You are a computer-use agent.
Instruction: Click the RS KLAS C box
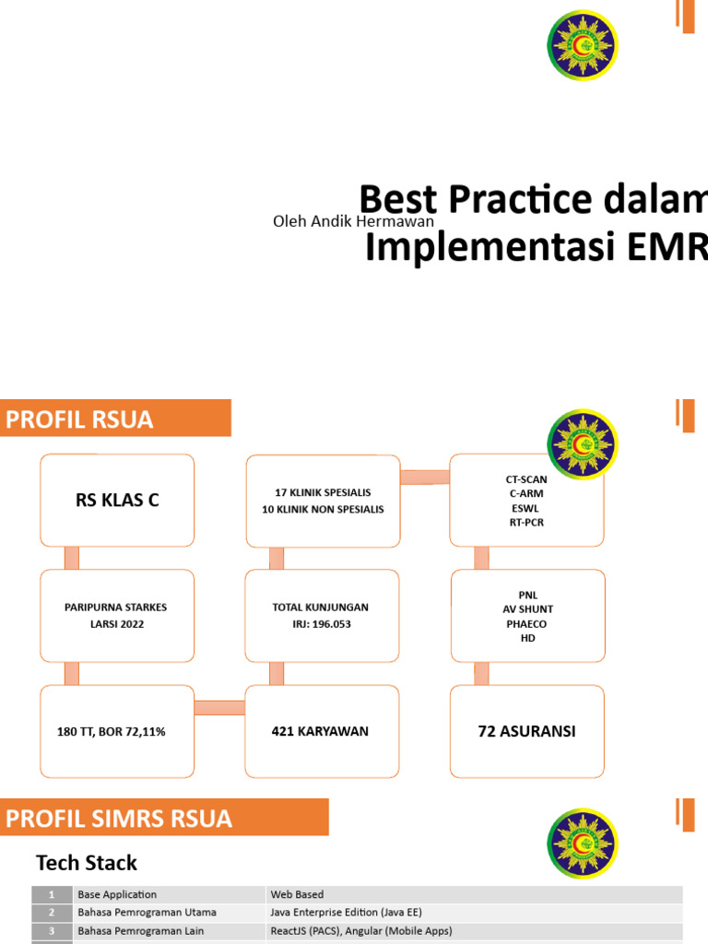click(x=117, y=500)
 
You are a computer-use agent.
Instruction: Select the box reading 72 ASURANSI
click(x=527, y=731)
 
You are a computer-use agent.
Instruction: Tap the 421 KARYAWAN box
click(x=321, y=731)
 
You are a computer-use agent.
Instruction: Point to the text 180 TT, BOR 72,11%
click(x=111, y=732)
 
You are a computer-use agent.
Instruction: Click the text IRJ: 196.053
click(x=321, y=624)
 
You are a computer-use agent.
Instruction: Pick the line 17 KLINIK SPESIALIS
click(x=322, y=493)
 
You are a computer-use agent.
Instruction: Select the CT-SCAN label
click(x=526, y=479)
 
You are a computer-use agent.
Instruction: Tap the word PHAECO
click(x=527, y=624)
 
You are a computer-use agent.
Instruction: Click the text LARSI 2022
click(x=116, y=624)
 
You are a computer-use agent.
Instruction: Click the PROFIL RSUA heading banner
click(x=115, y=419)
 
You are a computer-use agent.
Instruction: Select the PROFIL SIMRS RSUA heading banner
click(x=164, y=819)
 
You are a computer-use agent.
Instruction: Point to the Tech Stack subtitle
click(x=87, y=863)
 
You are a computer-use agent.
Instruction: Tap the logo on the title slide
click(x=583, y=45)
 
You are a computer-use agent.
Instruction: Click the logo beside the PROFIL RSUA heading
click(x=583, y=445)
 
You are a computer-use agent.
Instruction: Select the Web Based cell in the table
click(x=297, y=894)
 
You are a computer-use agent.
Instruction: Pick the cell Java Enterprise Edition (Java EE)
click(x=346, y=912)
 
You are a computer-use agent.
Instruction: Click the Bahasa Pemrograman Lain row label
click(x=142, y=930)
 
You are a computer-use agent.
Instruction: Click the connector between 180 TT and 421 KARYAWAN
click(x=219, y=708)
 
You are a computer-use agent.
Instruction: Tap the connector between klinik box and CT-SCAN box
click(x=425, y=477)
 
